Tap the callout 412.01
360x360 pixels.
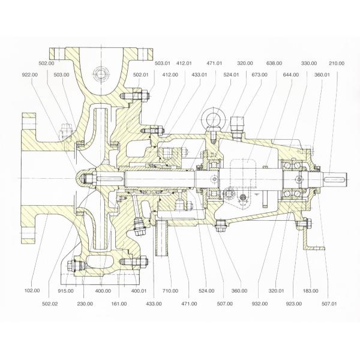(x=184, y=62)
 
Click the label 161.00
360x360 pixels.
(x=119, y=304)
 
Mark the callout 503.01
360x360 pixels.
(x=162, y=62)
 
